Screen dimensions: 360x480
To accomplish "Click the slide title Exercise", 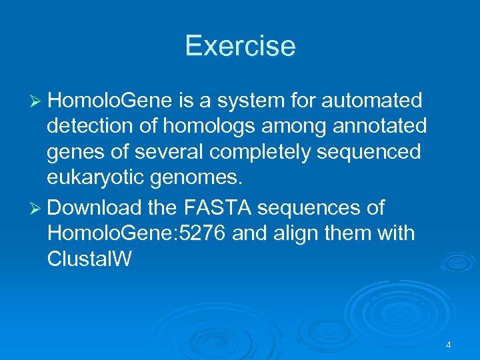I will click(x=240, y=46).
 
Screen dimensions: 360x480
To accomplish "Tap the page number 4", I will click(x=449, y=345).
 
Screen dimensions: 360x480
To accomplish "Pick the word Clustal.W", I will click(x=89, y=259).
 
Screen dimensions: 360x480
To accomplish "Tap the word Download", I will click(x=95, y=208).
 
